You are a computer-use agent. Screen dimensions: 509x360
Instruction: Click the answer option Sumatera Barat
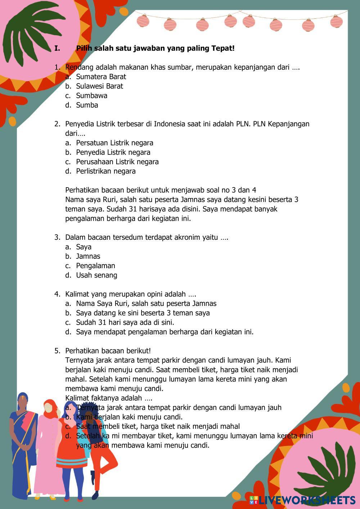tap(101, 77)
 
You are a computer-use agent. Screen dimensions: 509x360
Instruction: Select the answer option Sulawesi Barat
tap(99, 86)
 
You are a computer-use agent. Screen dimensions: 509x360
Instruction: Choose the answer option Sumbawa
tap(91, 96)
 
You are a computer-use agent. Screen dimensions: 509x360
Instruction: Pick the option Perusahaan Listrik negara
tap(117, 162)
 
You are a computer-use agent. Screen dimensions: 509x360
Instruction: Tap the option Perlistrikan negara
tap(105, 171)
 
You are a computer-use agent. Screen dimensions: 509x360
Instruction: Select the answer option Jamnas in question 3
tap(88, 256)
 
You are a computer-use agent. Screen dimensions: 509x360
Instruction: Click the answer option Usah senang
tap(96, 275)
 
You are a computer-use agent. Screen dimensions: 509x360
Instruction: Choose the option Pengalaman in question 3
tap(95, 266)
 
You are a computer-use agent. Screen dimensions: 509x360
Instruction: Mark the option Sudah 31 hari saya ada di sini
tap(125, 323)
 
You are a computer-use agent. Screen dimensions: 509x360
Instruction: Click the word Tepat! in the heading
tap(222, 48)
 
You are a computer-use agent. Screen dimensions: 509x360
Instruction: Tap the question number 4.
tap(57, 294)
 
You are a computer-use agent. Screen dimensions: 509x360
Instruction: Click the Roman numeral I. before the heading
tap(57, 48)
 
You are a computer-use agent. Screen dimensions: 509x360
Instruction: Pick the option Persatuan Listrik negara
tap(114, 143)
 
